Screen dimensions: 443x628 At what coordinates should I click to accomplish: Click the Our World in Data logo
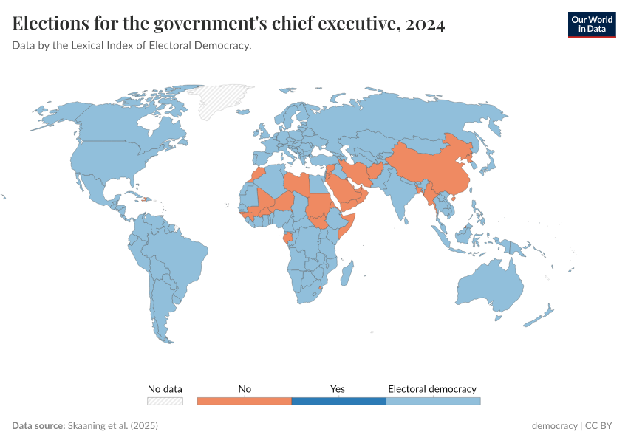pos(591,24)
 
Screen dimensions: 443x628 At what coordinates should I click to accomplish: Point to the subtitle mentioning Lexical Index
pos(132,46)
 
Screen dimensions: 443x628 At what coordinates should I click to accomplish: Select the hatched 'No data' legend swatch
pos(165,401)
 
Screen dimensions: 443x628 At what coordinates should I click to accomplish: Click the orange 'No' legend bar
pos(245,401)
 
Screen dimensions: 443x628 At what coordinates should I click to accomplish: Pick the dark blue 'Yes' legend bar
pos(338,401)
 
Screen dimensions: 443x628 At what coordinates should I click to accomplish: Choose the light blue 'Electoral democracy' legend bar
pos(433,401)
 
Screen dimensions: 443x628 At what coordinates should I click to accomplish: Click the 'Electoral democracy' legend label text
pos(432,388)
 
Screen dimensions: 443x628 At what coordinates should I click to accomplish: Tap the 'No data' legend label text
pos(165,388)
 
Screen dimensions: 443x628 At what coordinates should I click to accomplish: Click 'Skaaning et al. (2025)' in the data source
pos(113,426)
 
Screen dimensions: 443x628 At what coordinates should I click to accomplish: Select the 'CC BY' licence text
pos(601,426)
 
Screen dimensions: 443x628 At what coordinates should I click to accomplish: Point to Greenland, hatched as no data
pos(225,100)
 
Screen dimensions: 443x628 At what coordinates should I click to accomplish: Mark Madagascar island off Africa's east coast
pos(347,275)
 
